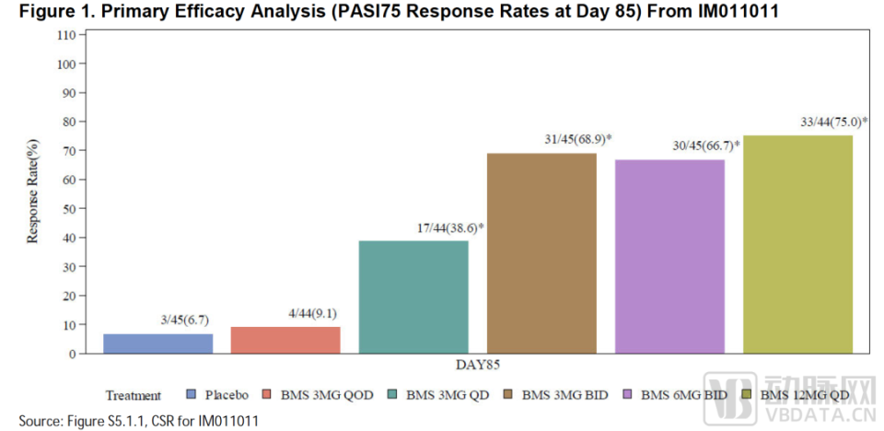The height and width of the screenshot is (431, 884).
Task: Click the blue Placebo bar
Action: pos(157,343)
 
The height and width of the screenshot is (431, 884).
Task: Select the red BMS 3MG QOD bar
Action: pos(285,340)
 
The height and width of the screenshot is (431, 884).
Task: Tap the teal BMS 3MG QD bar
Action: pos(413,297)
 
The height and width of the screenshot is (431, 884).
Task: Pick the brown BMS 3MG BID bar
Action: pos(541,253)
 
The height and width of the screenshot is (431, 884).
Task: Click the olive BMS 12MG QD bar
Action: pos(797,244)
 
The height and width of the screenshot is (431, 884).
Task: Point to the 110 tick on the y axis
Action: pos(64,35)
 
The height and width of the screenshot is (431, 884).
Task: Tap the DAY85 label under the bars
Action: pos(477,366)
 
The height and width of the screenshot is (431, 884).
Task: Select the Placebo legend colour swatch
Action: pos(192,395)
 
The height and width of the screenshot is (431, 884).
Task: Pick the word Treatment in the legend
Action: pos(133,396)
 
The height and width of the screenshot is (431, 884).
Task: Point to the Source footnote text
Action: pos(138,421)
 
